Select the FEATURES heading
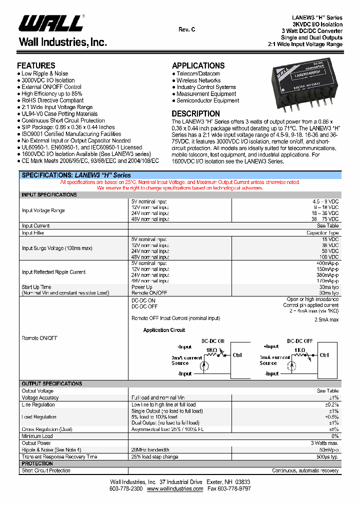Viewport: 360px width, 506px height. pos(36,65)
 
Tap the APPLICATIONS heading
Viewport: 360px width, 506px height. pos(198,65)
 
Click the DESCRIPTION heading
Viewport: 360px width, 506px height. pos(195,113)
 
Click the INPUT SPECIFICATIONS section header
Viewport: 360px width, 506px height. pos(49,194)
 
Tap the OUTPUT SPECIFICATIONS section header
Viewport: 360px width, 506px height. pos(51,383)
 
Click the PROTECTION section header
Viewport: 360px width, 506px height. pos(37,463)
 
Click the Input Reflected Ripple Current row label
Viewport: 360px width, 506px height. pos(53,272)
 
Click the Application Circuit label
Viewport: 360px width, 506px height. pos(164,330)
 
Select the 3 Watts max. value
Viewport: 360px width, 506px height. pos(324,443)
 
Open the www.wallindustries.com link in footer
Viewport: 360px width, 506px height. pos(175,488)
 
